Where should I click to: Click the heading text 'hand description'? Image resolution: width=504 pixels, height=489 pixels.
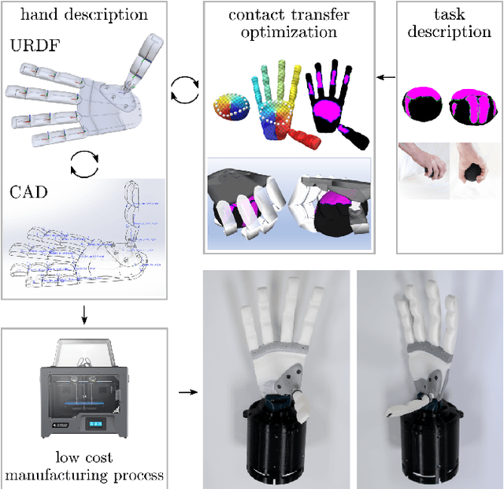point(85,14)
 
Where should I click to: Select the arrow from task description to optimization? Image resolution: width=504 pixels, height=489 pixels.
point(386,77)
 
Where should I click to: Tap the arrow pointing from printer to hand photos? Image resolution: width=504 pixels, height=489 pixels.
point(184,391)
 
